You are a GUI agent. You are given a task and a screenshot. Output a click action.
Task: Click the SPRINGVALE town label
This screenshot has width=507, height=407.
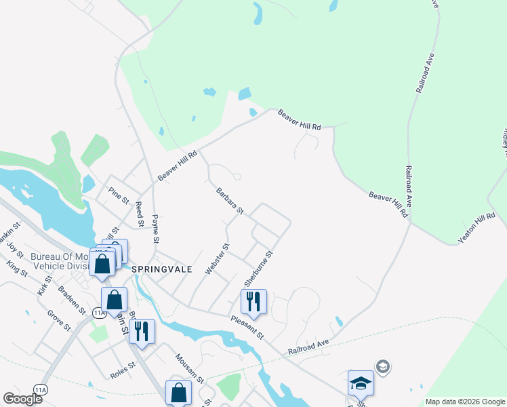pyautogui.click(x=162, y=269)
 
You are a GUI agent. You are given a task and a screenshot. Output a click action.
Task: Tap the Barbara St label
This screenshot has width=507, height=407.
pyautogui.click(x=230, y=202)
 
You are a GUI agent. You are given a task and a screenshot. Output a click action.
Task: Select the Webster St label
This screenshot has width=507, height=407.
pyautogui.click(x=215, y=259)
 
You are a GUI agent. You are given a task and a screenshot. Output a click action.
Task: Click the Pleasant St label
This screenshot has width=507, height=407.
pyautogui.click(x=246, y=328)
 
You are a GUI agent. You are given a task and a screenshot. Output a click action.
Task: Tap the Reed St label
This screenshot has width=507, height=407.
pyautogui.click(x=139, y=214)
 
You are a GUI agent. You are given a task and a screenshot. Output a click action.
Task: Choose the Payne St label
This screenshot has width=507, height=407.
pyautogui.click(x=155, y=229)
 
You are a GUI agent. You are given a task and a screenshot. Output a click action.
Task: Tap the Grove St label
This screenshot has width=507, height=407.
pyautogui.click(x=59, y=320)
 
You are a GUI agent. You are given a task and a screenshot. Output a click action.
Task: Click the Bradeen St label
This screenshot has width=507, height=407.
pyautogui.click(x=72, y=300)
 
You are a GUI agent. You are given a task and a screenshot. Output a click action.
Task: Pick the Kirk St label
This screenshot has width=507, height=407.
pyautogui.click(x=45, y=285)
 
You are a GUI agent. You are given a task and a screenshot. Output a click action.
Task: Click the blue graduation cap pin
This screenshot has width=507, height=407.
pyautogui.click(x=361, y=383)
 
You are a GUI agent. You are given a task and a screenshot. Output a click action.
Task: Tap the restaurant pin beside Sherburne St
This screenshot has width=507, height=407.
pyautogui.click(x=254, y=302)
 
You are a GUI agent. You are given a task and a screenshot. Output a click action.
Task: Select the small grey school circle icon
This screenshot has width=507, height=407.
pyautogui.click(x=383, y=367)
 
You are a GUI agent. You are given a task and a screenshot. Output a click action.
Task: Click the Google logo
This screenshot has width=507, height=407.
pyautogui.click(x=23, y=398)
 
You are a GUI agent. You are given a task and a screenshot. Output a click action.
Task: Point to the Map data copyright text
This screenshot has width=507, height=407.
pyautogui.click(x=464, y=402)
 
